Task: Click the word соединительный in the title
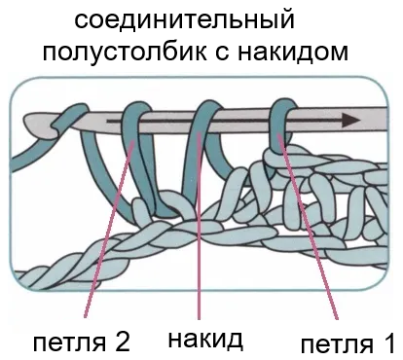[x=184, y=20]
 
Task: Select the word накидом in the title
[x=293, y=52]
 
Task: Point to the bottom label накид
[x=205, y=340]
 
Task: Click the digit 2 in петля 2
[x=122, y=342]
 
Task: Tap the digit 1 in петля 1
[x=387, y=343]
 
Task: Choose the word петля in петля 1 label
[x=337, y=345]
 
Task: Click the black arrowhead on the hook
[x=351, y=121]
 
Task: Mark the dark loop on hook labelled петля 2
[x=136, y=156]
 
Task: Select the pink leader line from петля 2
[x=109, y=229]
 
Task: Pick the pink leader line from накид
[x=199, y=226]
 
